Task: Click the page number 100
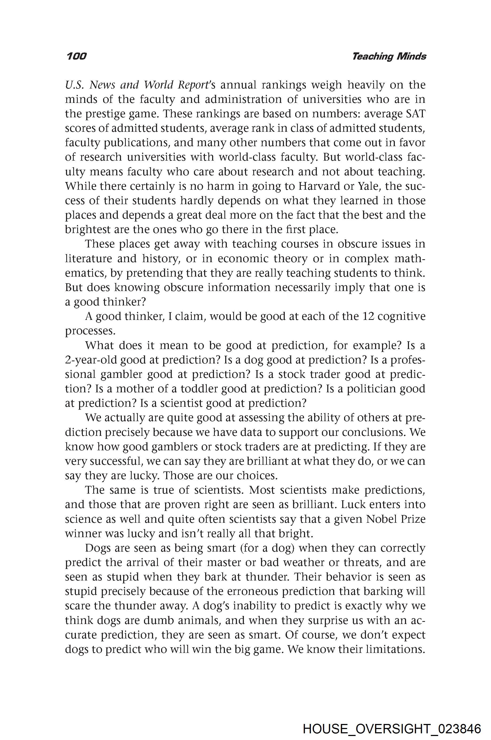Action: pyautogui.click(x=76, y=56)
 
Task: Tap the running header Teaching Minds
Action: pyautogui.click(x=389, y=56)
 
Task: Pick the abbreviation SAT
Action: pyautogui.click(x=416, y=114)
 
